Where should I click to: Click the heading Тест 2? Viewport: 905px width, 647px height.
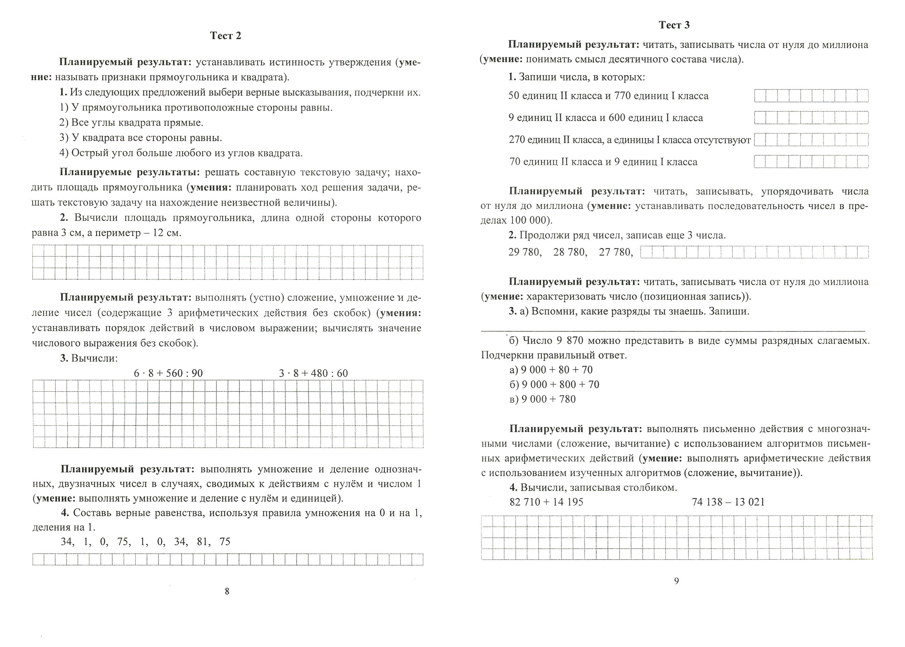pos(226,36)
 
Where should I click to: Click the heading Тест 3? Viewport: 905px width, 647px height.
pos(674,25)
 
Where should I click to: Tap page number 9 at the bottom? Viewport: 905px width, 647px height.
pos(676,581)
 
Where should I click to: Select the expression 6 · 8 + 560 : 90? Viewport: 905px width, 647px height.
pos(168,373)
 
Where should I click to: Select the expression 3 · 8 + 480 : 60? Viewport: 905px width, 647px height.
pos(313,373)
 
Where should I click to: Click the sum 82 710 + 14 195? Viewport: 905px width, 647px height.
pos(546,502)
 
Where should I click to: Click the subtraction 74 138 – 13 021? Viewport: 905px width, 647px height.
pos(728,502)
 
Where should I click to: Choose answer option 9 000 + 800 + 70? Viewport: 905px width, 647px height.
pos(554,384)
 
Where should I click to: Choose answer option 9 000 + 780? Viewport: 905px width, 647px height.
pos(543,399)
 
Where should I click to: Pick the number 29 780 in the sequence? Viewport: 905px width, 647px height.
pos(525,252)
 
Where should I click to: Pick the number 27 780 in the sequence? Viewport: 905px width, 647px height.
pos(615,252)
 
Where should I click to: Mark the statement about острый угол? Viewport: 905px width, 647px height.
pos(181,153)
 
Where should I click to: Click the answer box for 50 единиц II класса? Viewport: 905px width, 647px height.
pos(811,96)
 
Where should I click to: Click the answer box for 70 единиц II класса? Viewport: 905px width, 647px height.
pos(811,162)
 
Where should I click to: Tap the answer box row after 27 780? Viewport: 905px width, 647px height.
pos(754,252)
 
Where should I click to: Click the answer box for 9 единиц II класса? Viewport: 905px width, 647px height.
pos(811,118)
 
